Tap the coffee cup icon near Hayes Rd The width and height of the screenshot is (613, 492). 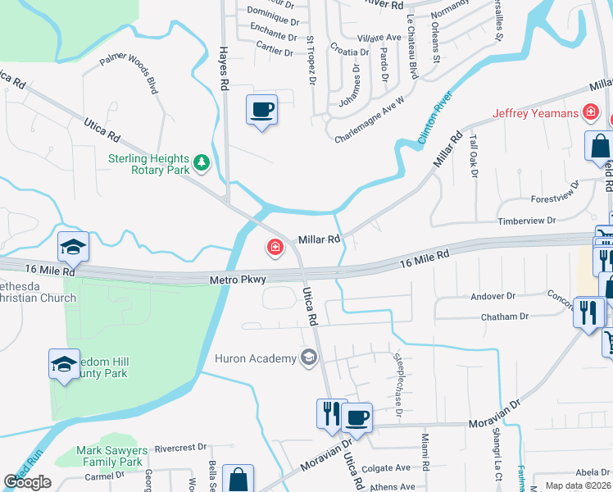coord(261,110)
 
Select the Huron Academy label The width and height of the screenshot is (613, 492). coord(254,358)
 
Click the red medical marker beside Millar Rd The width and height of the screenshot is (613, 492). coord(275,247)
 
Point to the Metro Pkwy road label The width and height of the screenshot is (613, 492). coord(238,280)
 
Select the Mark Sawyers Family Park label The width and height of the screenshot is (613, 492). coord(110,456)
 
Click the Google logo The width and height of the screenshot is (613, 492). coord(28,482)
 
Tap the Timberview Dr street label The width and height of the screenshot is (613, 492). coord(529,221)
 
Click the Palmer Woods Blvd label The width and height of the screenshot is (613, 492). coord(129,74)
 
